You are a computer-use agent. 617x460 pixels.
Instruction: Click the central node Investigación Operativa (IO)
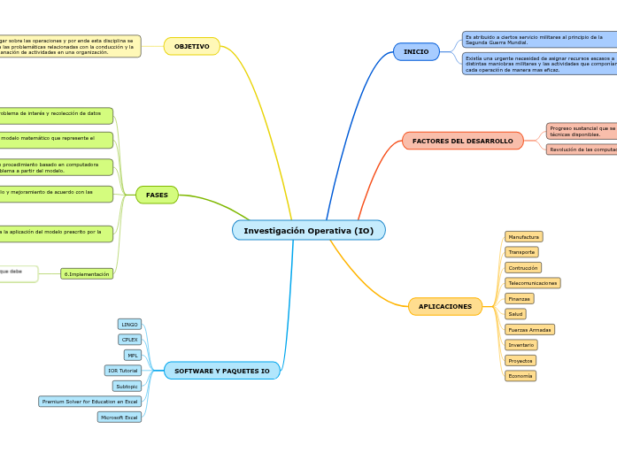click(308, 230)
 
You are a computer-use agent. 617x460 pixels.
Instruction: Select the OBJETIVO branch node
click(191, 46)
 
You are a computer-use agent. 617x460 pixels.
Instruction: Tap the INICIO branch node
click(416, 51)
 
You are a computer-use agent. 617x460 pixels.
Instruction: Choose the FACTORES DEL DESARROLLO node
click(462, 141)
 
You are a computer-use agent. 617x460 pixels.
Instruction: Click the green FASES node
click(157, 195)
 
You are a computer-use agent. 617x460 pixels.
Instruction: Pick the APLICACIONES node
click(444, 306)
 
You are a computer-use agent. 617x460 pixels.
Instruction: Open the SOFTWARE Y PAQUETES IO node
click(222, 371)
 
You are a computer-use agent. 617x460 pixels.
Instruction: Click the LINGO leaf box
click(129, 325)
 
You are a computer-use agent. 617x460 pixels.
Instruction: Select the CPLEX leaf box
click(129, 340)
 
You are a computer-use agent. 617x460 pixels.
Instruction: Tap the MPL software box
click(132, 355)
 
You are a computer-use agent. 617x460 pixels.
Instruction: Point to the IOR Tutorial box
click(122, 371)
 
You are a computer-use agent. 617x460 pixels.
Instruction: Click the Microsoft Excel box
click(119, 417)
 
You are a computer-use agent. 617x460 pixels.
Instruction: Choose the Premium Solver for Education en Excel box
click(90, 402)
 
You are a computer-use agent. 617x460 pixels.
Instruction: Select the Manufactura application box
click(523, 237)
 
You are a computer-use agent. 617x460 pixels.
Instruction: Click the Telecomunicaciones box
click(532, 283)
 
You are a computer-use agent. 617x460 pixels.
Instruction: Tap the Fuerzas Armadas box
click(529, 330)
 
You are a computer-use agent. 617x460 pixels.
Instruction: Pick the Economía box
click(520, 376)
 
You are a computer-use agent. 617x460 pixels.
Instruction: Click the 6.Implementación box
click(87, 274)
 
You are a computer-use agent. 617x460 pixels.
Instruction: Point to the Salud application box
click(515, 314)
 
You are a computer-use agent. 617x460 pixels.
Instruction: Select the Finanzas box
click(519, 299)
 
